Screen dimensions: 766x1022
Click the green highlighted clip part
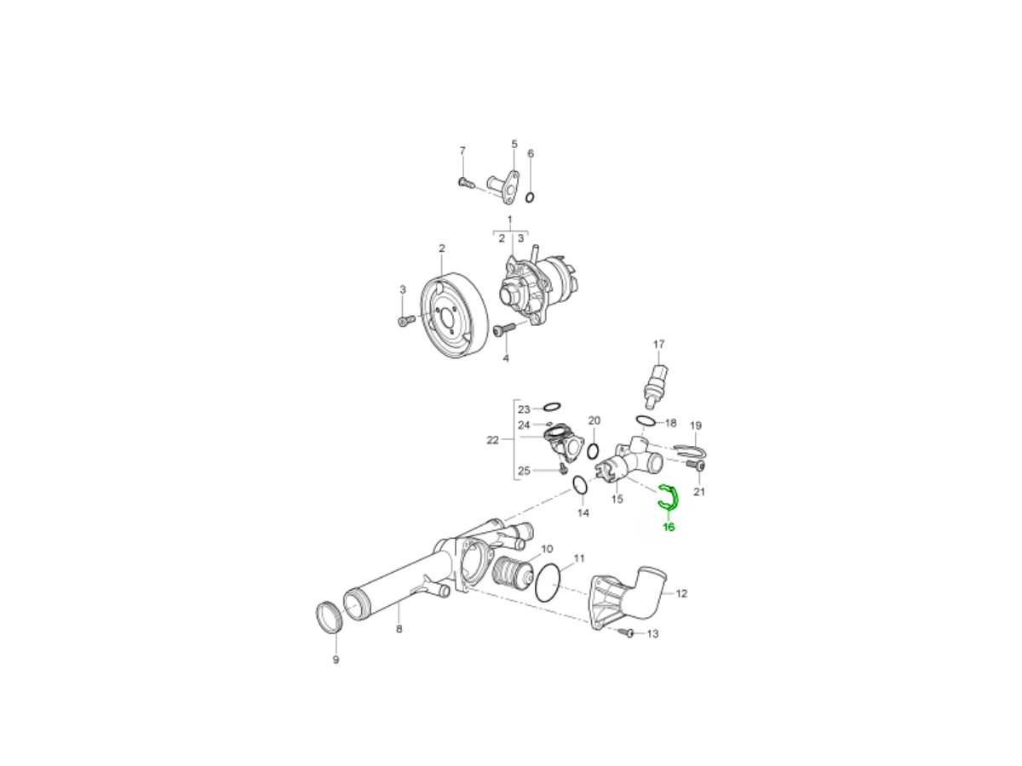click(668, 500)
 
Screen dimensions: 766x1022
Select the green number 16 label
click(669, 528)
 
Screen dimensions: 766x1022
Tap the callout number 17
click(658, 345)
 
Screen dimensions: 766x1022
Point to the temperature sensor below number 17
click(656, 382)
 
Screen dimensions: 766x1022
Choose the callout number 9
click(336, 660)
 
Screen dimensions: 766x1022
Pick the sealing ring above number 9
click(328, 617)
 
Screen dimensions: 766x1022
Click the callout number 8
click(399, 630)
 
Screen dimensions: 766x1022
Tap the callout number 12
click(681, 593)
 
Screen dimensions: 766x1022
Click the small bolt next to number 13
click(629, 633)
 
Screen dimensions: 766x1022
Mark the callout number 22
click(492, 440)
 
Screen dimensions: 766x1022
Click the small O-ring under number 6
click(530, 198)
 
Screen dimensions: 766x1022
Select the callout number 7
click(462, 151)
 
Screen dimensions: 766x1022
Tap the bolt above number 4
click(503, 329)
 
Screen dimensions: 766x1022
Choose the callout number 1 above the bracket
click(510, 220)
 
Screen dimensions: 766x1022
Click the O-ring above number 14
click(580, 485)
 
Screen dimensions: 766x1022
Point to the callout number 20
click(594, 420)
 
